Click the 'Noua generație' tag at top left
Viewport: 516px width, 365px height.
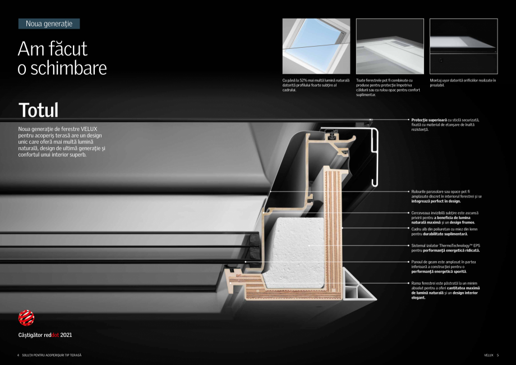pyautogui.click(x=49, y=24)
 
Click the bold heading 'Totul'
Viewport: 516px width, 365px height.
pyautogui.click(x=38, y=109)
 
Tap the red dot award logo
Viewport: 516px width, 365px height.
pyautogui.click(x=26, y=318)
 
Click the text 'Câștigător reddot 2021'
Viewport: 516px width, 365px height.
pyautogui.click(x=45, y=335)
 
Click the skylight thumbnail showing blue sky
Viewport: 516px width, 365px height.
pyautogui.click(x=316, y=47)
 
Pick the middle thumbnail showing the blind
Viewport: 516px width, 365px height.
pyautogui.click(x=389, y=47)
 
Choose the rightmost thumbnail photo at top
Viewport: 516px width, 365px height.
pyautogui.click(x=463, y=47)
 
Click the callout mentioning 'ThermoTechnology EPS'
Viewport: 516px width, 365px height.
pyautogui.click(x=445, y=248)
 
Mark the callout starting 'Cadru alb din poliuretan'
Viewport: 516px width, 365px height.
pyautogui.click(x=444, y=231)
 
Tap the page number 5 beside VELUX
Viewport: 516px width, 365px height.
pyautogui.click(x=497, y=355)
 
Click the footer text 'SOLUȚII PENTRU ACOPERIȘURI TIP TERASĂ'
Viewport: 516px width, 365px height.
pyautogui.click(x=51, y=355)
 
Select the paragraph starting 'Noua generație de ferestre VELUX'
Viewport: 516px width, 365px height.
pyautogui.click(x=62, y=142)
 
